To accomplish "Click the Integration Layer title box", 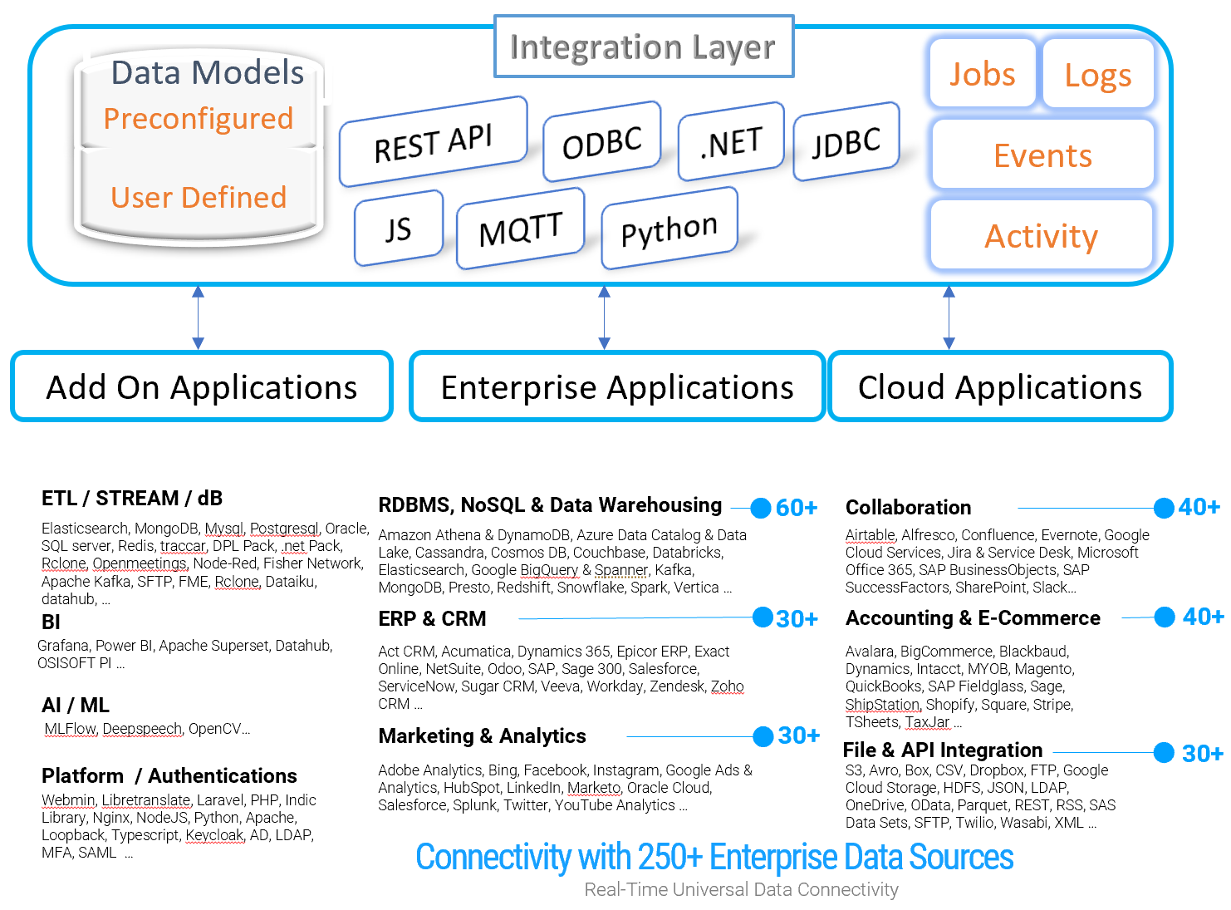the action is [643, 46].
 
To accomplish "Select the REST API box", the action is [433, 141].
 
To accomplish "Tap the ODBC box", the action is [601, 141].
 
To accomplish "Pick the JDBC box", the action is [846, 141].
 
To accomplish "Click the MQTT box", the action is [520, 229].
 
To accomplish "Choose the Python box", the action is [669, 229].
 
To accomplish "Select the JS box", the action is [399, 229].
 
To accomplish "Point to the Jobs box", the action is [981, 73].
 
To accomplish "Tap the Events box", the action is [1042, 155].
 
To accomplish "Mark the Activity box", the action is [1041, 235].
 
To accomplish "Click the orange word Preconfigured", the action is [199, 118].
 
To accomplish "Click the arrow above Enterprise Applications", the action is [604, 317].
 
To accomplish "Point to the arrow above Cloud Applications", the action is [949, 317].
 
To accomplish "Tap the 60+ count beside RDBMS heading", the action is [796, 507].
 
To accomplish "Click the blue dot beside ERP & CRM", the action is [763, 617].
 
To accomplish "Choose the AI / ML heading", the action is [76, 705].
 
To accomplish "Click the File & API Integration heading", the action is [942, 750].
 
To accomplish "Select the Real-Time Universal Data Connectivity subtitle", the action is [741, 889].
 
